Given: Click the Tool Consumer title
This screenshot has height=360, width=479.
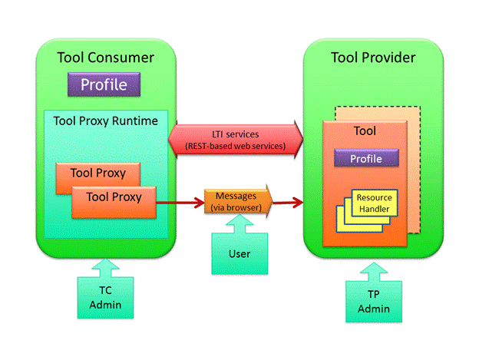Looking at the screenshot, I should click(x=105, y=58).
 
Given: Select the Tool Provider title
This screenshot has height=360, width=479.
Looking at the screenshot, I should click(x=373, y=58).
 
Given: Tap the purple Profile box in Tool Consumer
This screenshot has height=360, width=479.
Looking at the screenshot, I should click(x=104, y=84).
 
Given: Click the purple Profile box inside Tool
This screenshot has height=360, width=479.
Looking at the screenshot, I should click(x=367, y=158).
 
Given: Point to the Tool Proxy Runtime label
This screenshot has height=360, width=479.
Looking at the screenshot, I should click(x=106, y=121).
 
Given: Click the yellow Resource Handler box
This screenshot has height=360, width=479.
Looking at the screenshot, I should click(x=373, y=203).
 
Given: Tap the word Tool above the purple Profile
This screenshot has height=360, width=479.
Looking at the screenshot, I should click(x=365, y=131).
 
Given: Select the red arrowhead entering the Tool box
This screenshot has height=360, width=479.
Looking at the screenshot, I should click(x=299, y=203).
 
